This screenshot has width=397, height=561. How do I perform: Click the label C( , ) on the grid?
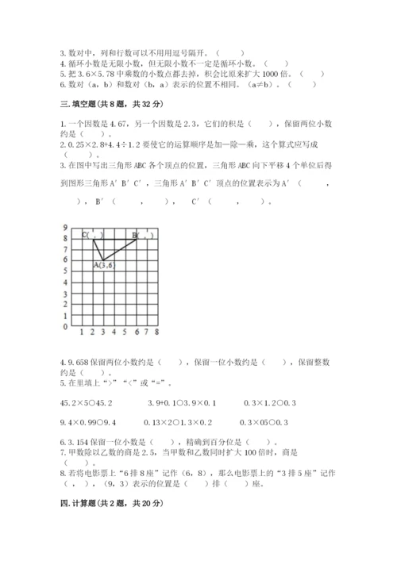tap(93, 235)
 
